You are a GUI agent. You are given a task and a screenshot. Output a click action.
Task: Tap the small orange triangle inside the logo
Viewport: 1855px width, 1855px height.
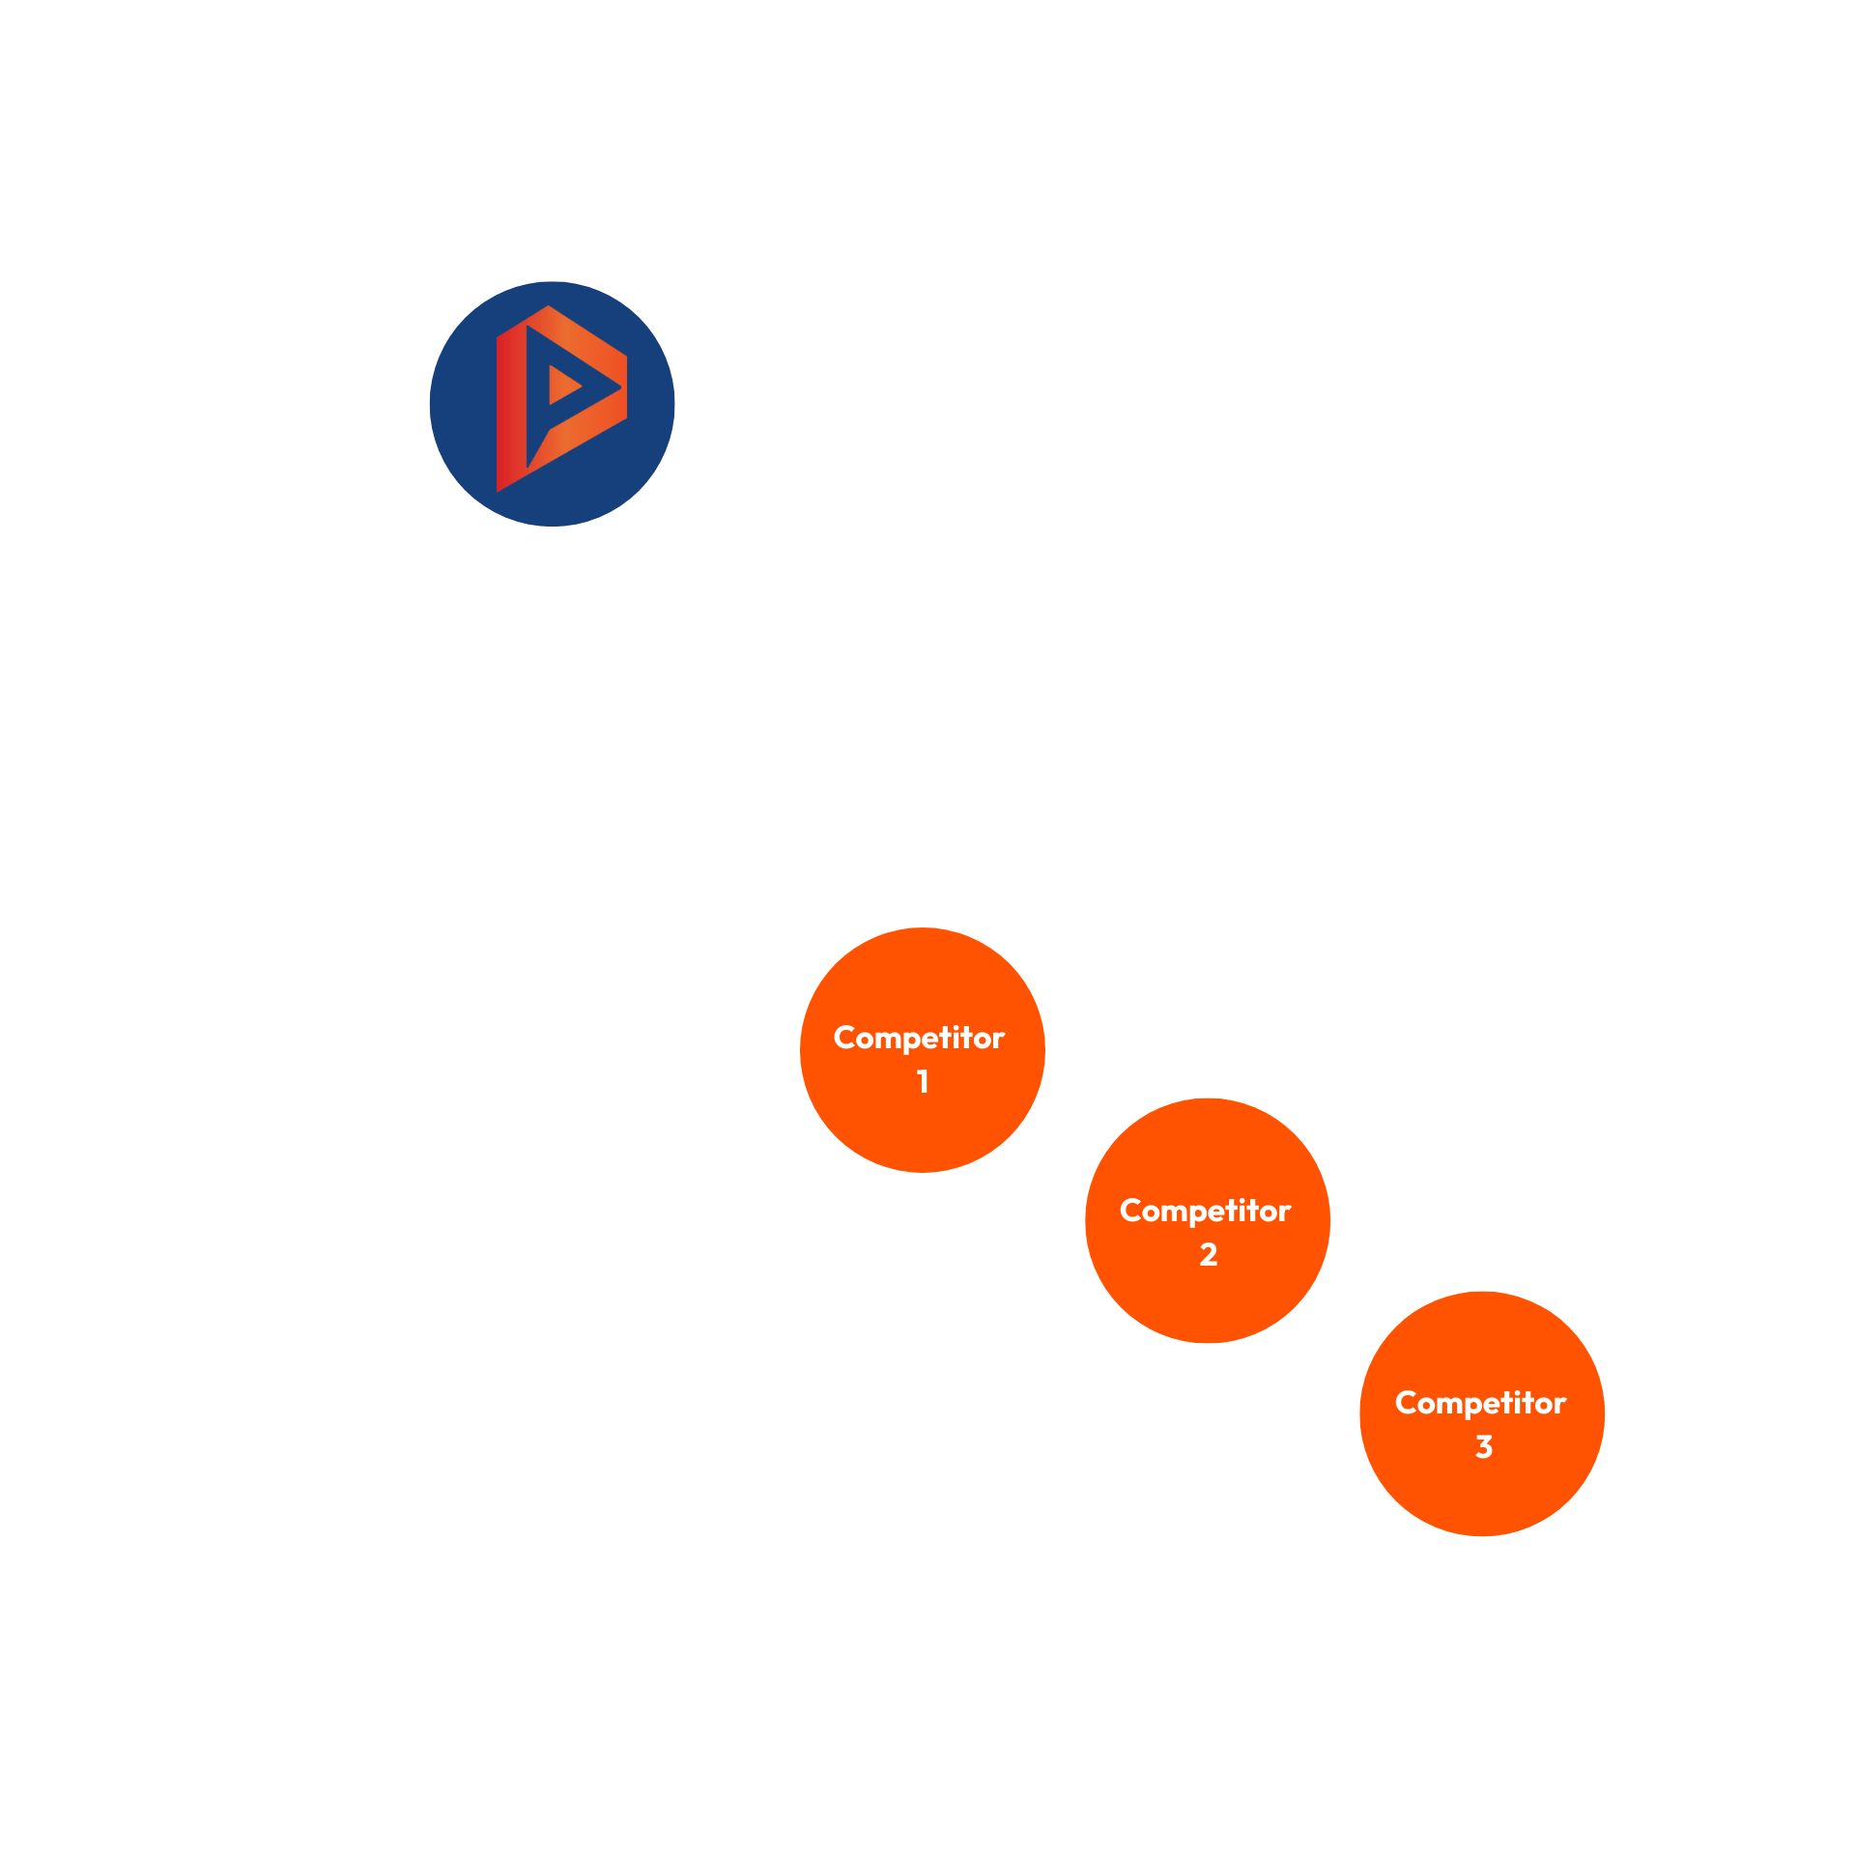tap(562, 385)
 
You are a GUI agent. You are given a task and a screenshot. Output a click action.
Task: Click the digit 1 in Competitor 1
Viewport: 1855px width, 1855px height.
tap(923, 1081)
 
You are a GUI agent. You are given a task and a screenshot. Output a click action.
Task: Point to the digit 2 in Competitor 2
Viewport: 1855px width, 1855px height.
tap(1208, 1254)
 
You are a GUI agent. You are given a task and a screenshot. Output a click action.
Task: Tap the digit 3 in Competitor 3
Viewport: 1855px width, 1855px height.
tap(1483, 1446)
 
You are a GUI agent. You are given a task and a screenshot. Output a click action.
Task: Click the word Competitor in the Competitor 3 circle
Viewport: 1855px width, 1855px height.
tap(1480, 1403)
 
